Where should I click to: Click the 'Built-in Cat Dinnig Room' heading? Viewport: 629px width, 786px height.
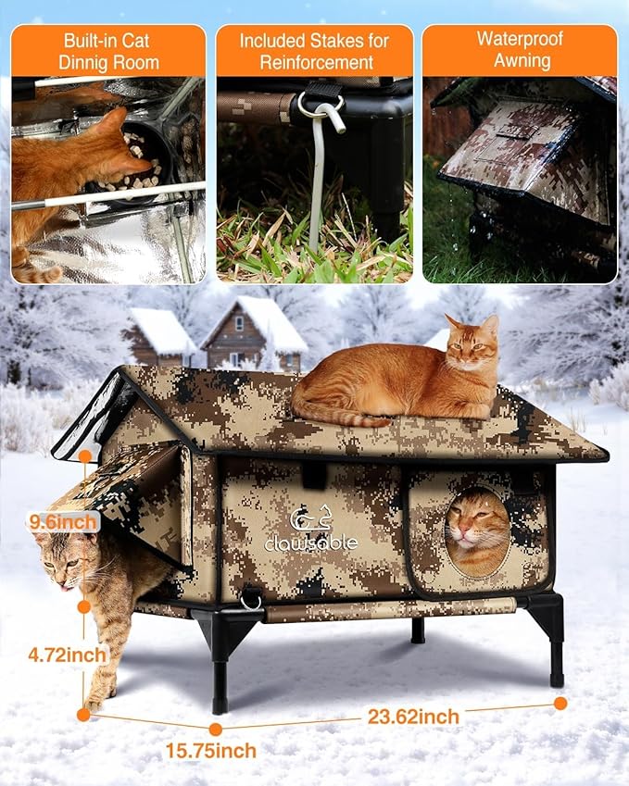(x=107, y=51)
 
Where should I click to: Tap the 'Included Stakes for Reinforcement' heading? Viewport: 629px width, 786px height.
(x=314, y=51)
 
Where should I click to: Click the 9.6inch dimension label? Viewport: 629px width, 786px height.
(x=61, y=522)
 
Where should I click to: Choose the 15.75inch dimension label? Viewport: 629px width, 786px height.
(x=212, y=750)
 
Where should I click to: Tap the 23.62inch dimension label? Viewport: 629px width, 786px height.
(x=412, y=716)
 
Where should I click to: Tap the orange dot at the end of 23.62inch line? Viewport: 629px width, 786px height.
(x=560, y=703)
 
